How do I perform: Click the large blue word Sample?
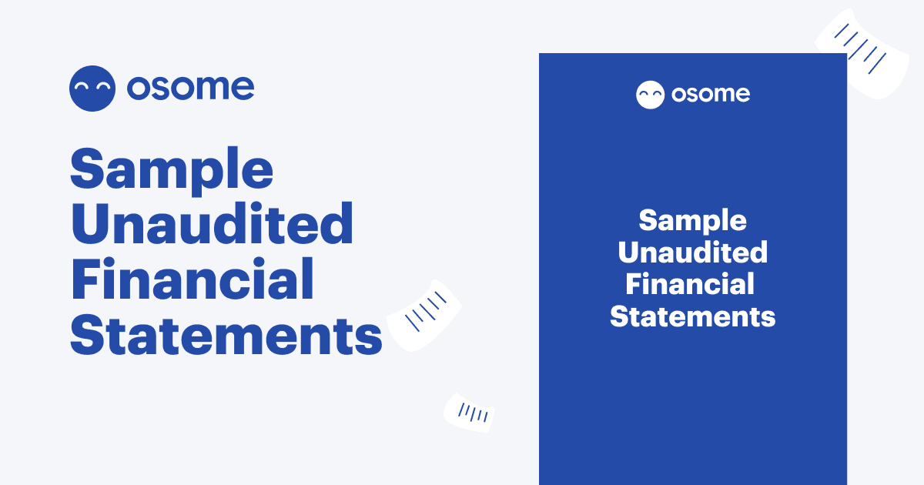(171, 170)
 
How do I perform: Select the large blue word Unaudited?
(212, 225)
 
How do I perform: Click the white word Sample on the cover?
(692, 221)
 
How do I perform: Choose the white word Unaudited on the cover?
(692, 253)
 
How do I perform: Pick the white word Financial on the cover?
(690, 284)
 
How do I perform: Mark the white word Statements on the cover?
(692, 316)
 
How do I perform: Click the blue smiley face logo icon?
(92, 89)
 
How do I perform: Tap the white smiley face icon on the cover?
(650, 95)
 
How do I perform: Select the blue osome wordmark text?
(190, 88)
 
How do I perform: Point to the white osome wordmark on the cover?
(710, 95)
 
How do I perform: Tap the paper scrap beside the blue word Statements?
(425, 314)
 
